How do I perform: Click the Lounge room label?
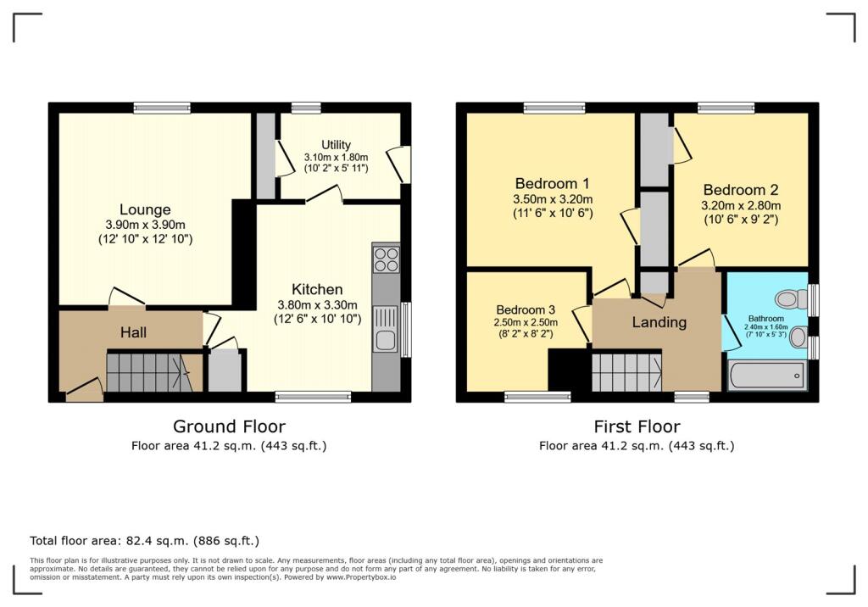click(145, 210)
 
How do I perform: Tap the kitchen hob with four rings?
click(386, 259)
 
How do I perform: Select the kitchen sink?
click(386, 329)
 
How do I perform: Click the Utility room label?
click(336, 145)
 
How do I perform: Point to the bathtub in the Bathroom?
click(766, 376)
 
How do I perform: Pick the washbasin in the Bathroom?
click(798, 337)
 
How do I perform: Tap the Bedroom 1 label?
click(552, 183)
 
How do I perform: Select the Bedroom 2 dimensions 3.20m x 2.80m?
click(741, 205)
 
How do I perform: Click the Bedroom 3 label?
click(526, 310)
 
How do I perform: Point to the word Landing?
click(659, 322)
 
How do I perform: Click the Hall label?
click(133, 332)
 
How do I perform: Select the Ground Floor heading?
click(229, 426)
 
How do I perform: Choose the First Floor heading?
click(637, 426)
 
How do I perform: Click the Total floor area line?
click(144, 541)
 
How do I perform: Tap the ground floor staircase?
click(147, 373)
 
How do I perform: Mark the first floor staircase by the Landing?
click(626, 372)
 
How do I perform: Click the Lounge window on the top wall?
click(162, 108)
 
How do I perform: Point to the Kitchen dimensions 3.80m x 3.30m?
click(317, 304)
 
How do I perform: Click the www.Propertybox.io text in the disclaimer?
click(361, 577)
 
